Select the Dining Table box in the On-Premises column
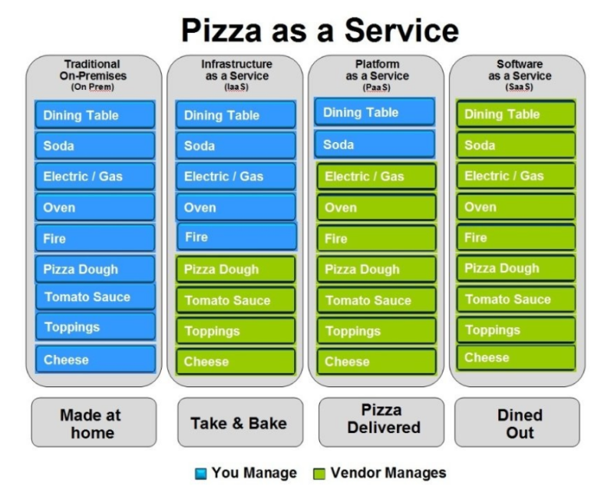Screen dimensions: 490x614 [x=94, y=115]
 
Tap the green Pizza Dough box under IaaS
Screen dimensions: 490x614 [x=236, y=270]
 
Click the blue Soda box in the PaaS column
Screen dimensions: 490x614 [x=375, y=144]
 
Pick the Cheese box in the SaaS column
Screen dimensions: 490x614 [x=516, y=358]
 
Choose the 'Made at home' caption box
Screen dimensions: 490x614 [x=91, y=423]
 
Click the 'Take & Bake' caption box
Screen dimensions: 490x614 [x=238, y=423]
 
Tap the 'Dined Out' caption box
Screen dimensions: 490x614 [x=520, y=423]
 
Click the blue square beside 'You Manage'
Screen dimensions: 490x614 [x=201, y=473]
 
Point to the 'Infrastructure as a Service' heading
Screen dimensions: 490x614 [x=236, y=74]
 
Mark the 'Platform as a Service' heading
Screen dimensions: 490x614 [x=376, y=74]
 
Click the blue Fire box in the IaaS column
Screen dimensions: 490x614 [x=236, y=237]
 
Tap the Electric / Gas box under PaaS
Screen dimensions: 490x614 [x=376, y=177]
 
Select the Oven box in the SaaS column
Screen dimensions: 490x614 [x=516, y=207]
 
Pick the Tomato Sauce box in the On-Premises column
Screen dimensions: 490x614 [x=94, y=297]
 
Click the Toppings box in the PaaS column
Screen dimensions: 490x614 [x=376, y=332]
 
